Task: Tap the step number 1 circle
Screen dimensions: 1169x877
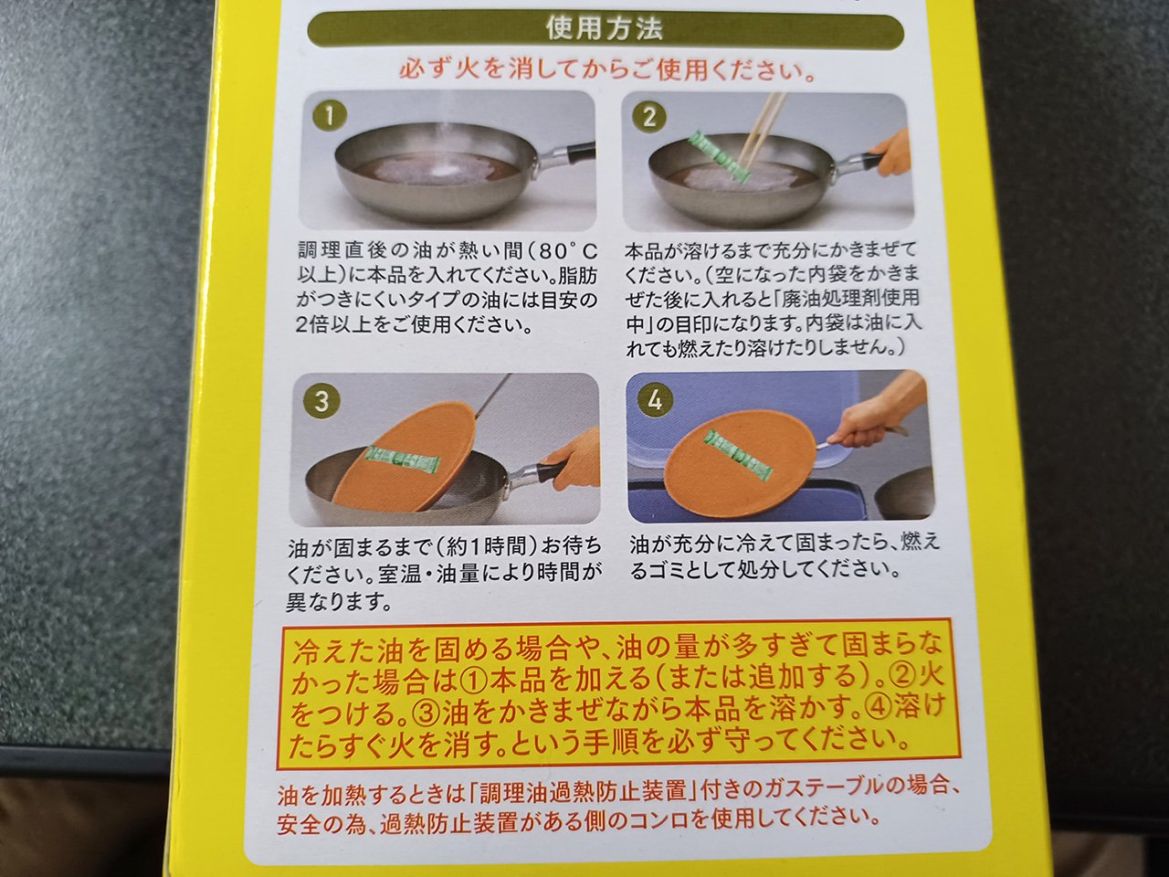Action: click(329, 115)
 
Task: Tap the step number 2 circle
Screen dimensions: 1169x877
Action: click(648, 117)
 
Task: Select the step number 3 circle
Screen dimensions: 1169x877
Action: click(321, 400)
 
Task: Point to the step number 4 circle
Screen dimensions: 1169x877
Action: click(655, 399)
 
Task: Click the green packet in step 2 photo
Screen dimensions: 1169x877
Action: click(718, 159)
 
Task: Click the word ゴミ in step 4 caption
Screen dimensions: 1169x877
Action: click(668, 570)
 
